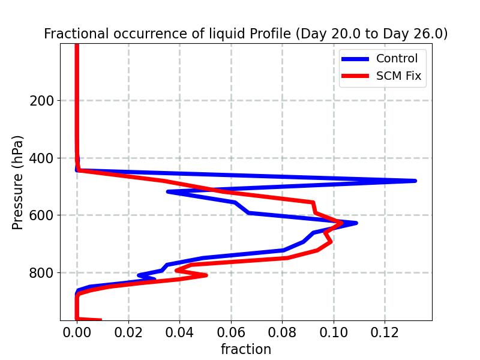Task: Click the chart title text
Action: [246, 34]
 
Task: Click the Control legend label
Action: [397, 58]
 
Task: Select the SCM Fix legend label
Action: [398, 76]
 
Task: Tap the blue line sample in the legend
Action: [355, 58]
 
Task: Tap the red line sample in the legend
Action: [355, 76]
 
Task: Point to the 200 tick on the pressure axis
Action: [41, 101]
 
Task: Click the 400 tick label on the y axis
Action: [41, 158]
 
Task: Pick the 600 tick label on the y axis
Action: [41, 215]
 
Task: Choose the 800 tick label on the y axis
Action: [41, 273]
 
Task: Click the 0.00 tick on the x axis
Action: [77, 332]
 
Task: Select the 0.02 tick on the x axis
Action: [128, 332]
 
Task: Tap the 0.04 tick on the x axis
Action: [179, 332]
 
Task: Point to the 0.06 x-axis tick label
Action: [231, 332]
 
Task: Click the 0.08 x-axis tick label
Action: [283, 332]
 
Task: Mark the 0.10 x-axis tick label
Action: [334, 332]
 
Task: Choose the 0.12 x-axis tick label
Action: [385, 332]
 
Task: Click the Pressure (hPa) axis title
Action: [18, 182]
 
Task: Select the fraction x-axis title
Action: [246, 349]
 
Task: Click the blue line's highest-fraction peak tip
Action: [415, 181]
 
